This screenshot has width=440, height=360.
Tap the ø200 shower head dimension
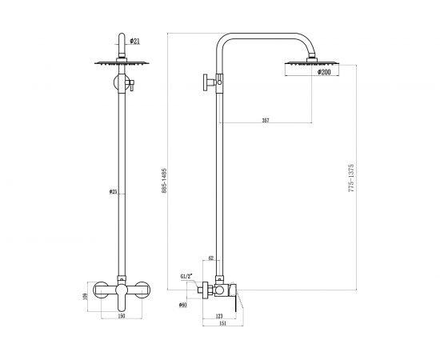325,72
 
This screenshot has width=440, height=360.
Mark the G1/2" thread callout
186,277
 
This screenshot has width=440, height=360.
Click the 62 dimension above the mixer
210,259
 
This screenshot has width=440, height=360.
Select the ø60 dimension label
183,305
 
